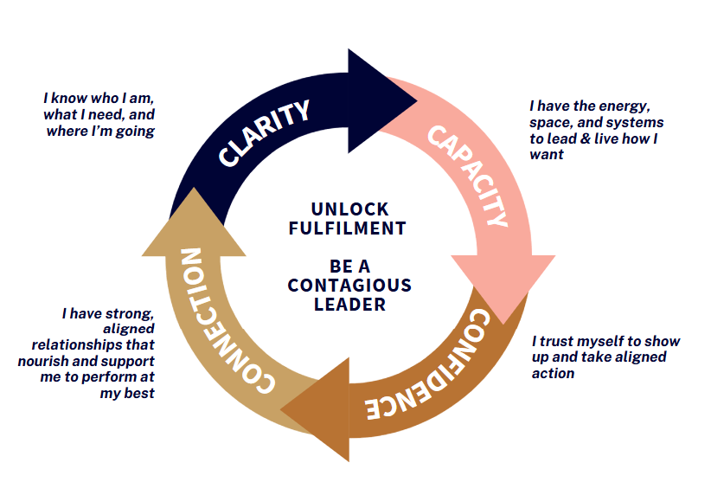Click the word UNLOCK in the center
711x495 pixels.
[349, 209]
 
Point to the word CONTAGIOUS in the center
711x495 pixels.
[349, 286]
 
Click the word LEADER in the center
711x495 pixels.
[349, 305]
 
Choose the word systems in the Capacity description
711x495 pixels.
[635, 123]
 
